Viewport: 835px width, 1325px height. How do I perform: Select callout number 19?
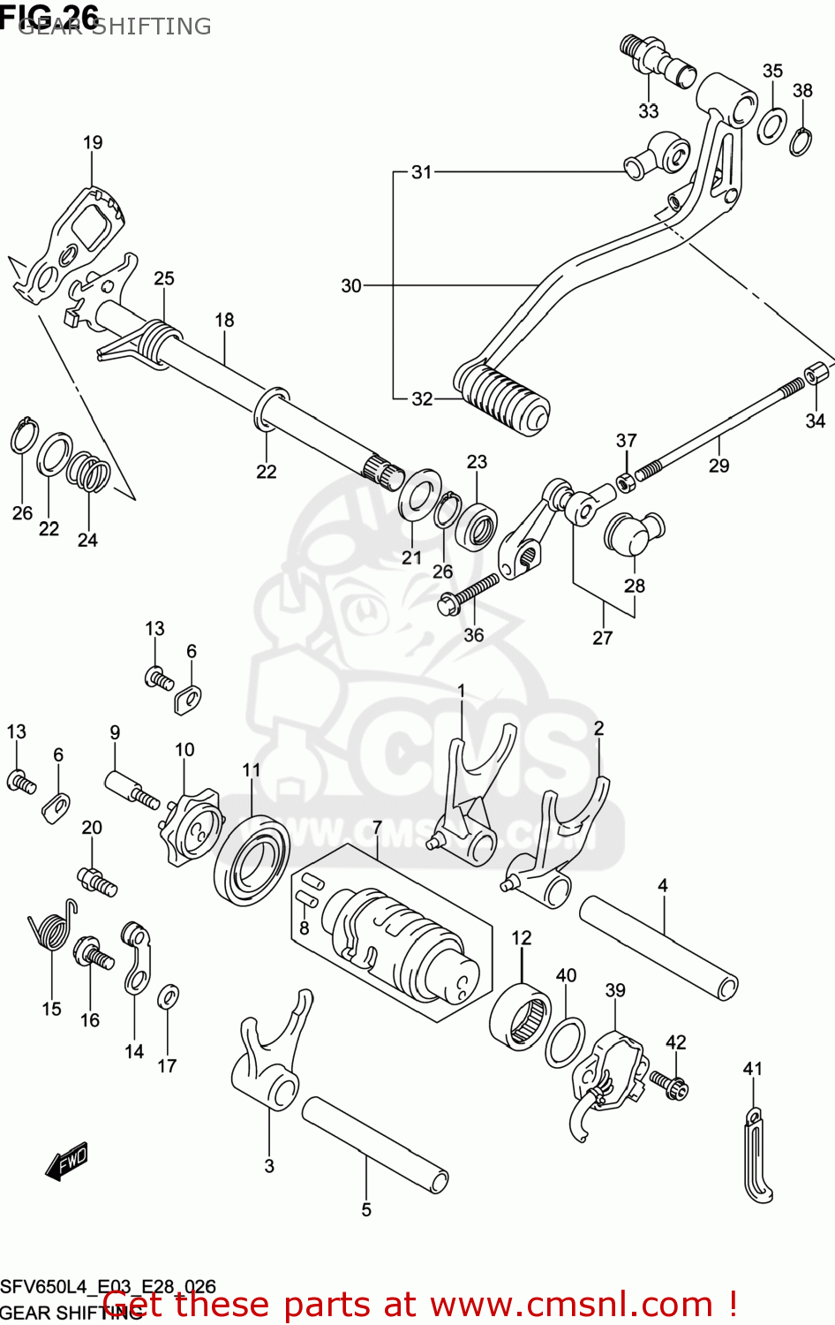pos(93,143)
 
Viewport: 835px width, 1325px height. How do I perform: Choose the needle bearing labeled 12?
pos(520,1016)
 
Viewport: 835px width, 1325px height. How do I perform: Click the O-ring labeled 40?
pos(565,1042)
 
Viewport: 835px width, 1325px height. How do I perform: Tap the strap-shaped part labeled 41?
pos(756,1157)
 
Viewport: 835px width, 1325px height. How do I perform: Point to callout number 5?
pos(366,1210)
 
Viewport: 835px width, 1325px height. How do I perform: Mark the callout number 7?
pos(377,828)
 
